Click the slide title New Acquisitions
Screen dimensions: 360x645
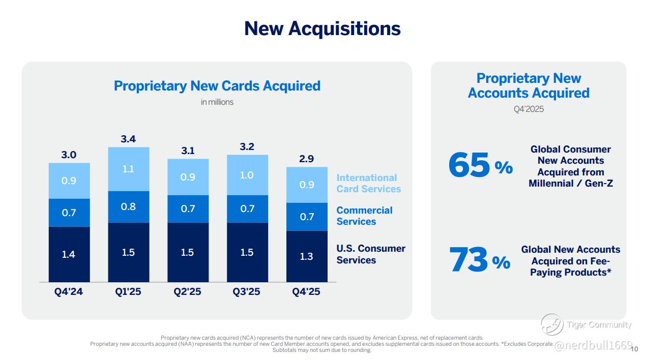[322, 28]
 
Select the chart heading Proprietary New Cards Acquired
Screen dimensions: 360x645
[217, 85]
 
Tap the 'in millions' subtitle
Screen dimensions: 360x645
[217, 102]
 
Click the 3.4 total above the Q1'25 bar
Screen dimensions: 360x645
[128, 139]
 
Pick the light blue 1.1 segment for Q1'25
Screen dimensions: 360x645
[128, 169]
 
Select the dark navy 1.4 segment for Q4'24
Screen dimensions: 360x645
[69, 254]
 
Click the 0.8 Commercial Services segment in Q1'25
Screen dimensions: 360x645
[128, 207]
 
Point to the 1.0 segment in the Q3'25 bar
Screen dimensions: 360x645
[247, 175]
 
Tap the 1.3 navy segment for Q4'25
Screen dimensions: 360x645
[306, 256]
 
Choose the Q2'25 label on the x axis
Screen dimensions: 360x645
[187, 292]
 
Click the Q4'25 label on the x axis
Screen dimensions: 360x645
[306, 292]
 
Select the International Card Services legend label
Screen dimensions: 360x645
[368, 183]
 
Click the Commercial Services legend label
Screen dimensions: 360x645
[364, 216]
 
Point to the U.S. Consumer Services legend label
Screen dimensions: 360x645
[371, 254]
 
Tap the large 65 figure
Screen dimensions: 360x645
[469, 165]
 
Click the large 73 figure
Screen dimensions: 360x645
[468, 259]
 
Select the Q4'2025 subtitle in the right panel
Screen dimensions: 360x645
[529, 109]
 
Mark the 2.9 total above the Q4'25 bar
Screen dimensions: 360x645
[306, 159]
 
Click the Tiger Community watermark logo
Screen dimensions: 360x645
[551, 325]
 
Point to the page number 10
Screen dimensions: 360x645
[634, 349]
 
